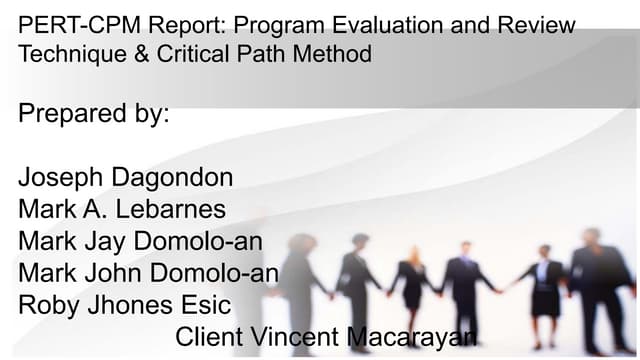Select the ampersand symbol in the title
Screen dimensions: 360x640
pos(140,54)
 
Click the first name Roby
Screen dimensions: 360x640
pos(51,304)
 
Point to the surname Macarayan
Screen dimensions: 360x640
pos(411,336)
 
